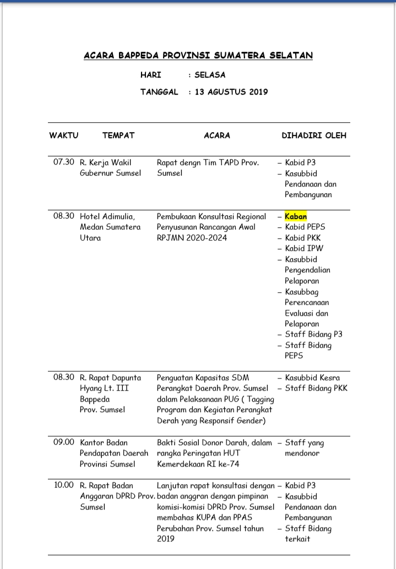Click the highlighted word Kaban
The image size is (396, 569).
point(296,216)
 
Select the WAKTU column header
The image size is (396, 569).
point(64,135)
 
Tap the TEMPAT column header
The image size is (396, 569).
point(118,135)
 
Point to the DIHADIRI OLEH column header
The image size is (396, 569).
point(314,135)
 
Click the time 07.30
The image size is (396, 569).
point(63,162)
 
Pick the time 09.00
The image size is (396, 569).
point(63,442)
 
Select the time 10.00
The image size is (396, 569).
point(63,485)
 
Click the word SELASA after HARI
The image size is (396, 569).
point(210,75)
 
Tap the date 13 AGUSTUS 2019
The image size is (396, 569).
point(231,92)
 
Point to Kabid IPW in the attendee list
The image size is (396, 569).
point(304,248)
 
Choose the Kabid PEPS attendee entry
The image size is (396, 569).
point(306,227)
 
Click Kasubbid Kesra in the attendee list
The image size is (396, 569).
point(312,377)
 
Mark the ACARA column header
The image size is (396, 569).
point(217,135)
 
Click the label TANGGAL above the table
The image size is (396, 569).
point(159,92)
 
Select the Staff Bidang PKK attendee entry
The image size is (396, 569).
point(316,389)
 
